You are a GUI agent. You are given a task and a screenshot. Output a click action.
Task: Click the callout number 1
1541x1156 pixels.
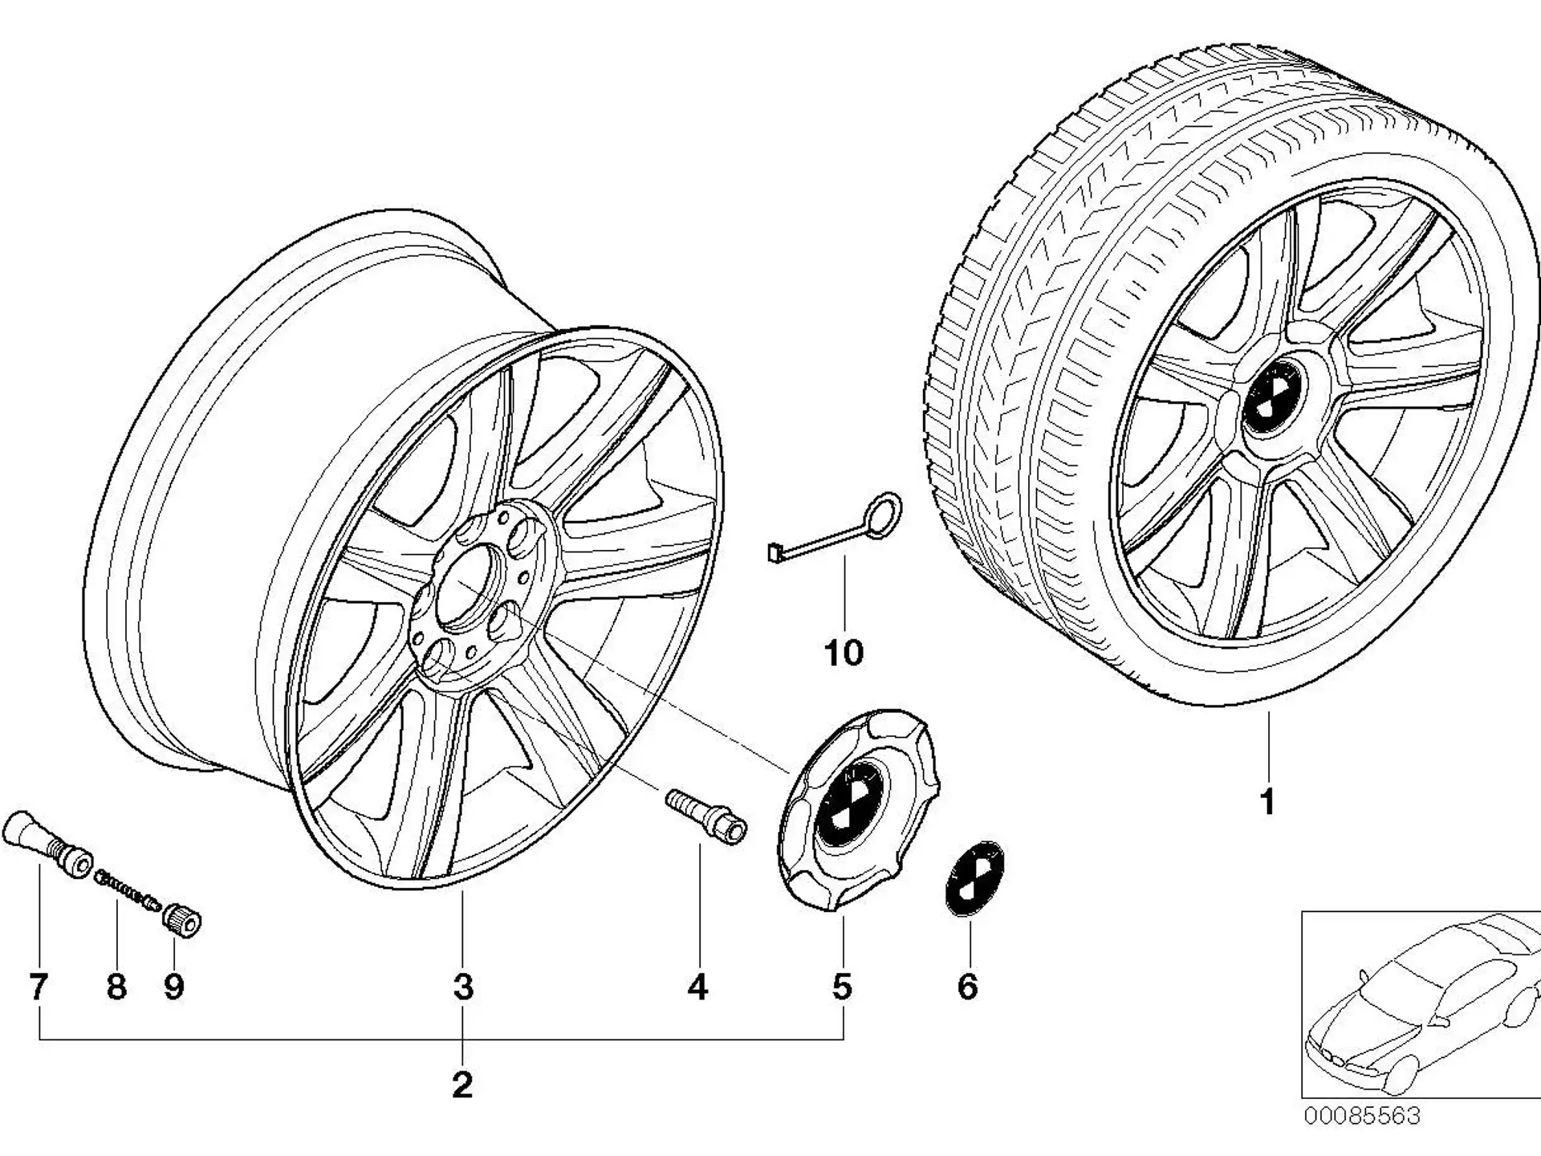tap(1267, 802)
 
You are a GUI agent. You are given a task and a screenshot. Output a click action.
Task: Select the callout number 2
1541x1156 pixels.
tap(462, 1085)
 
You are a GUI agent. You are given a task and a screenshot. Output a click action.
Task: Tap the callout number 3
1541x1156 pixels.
tap(463, 987)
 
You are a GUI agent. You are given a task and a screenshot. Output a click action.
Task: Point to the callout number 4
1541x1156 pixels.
tap(698, 987)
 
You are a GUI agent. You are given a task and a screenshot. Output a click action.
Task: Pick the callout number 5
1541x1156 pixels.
tap(842, 987)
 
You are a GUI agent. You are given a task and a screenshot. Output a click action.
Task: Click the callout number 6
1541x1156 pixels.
tap(968, 987)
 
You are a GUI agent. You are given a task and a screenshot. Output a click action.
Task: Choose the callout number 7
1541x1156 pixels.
tap(38, 987)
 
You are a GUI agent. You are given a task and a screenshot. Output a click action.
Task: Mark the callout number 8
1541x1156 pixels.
tap(116, 987)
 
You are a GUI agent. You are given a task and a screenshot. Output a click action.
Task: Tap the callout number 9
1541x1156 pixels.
tap(174, 987)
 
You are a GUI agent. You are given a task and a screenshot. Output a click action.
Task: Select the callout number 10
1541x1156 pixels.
tap(844, 653)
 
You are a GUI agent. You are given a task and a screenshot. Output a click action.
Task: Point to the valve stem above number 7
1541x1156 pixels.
tap(47, 845)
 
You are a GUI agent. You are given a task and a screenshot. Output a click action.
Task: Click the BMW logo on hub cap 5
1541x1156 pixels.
tap(848, 800)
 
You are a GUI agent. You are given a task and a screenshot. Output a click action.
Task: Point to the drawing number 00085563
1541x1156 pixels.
tap(1361, 1116)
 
